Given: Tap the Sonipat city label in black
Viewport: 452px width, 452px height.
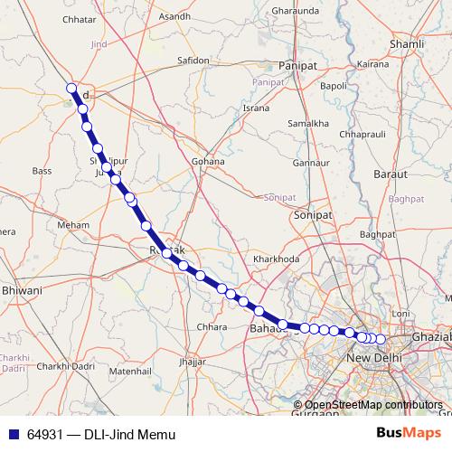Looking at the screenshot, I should click(313, 216).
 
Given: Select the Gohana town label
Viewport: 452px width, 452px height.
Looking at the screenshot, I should click(207, 162).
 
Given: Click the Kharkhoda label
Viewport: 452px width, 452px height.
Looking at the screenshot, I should click(276, 259).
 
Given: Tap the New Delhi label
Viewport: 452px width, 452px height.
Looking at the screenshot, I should click(373, 361).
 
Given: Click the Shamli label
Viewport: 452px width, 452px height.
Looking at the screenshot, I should click(406, 43).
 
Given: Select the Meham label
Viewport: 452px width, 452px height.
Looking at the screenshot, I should click(73, 224).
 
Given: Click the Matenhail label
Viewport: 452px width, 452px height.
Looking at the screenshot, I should click(129, 371).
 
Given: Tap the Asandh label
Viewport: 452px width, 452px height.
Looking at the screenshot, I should click(174, 16).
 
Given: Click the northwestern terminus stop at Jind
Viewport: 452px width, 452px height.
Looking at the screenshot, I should click(71, 88).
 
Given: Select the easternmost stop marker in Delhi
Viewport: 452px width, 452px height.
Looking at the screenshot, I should click(381, 339).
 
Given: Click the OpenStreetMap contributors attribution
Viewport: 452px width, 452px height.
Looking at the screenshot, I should click(373, 405).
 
